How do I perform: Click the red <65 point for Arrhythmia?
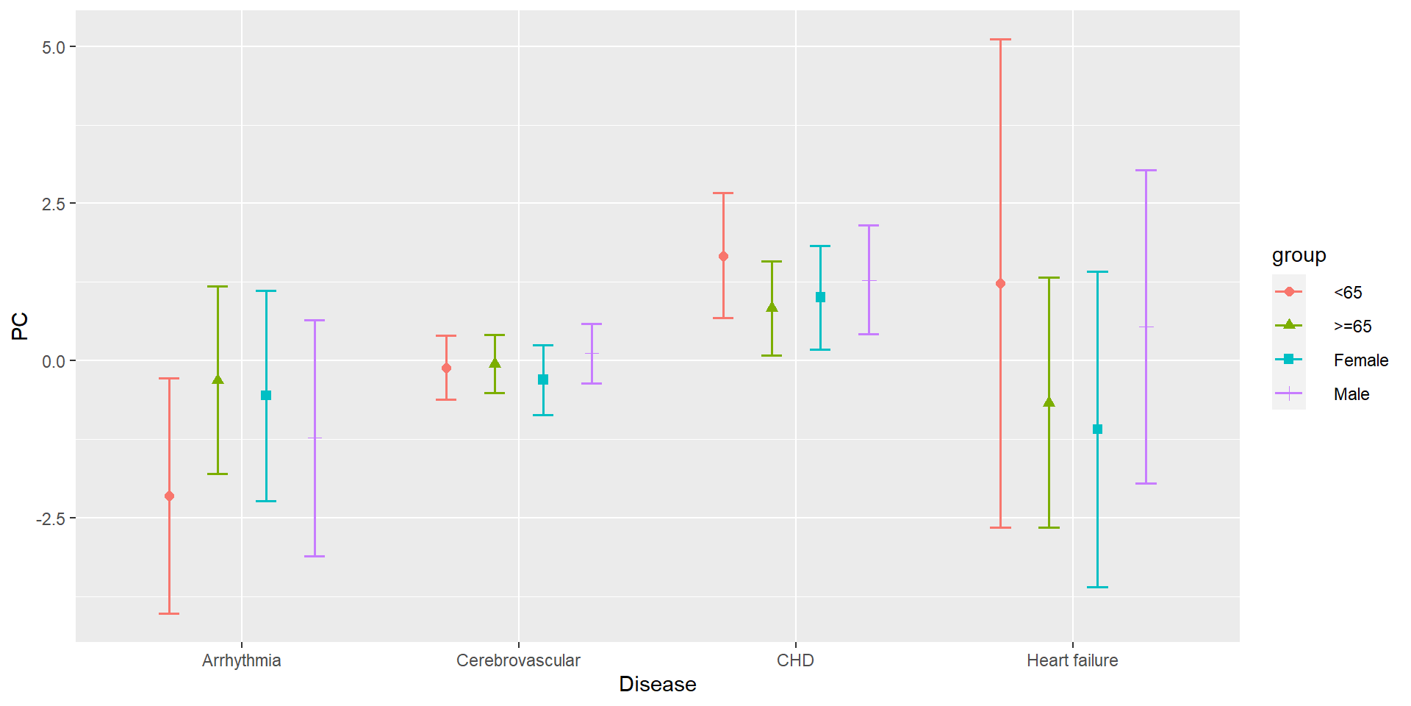tap(169, 496)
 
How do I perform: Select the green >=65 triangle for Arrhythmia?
tap(218, 379)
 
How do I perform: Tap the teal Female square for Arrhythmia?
tap(266, 396)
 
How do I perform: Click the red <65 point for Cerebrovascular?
tap(446, 368)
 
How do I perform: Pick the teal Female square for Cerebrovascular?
tap(543, 380)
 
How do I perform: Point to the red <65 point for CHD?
tap(723, 257)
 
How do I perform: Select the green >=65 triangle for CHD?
tap(772, 307)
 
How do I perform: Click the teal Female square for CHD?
tap(820, 298)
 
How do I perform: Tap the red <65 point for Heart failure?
tap(1000, 284)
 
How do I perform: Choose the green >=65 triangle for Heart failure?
tap(1049, 402)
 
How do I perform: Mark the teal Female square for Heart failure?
tap(1097, 429)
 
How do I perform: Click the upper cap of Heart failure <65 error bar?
tap(1000, 40)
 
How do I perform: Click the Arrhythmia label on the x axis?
tap(242, 660)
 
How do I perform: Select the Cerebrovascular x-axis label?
tap(518, 660)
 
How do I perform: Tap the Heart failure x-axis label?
tap(1072, 660)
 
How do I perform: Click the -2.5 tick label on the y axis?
tap(51, 518)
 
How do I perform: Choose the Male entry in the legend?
tap(1351, 394)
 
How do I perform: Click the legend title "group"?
tap(1299, 255)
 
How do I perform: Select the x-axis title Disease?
tap(658, 685)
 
